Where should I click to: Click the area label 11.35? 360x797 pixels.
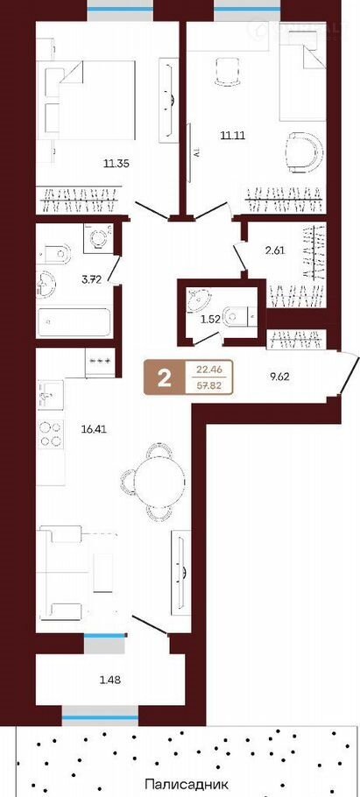[116, 164]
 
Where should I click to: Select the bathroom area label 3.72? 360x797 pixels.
[91, 278]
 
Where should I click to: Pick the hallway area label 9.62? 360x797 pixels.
[279, 378]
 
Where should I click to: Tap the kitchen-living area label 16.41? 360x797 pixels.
[94, 428]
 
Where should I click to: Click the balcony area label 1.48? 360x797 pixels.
[110, 679]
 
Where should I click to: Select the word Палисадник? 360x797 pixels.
[187, 784]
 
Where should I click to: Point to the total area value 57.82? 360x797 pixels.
[210, 385]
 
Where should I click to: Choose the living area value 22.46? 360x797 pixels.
[210, 370]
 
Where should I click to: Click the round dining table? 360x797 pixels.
[159, 479]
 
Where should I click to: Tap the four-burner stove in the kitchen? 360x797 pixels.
[50, 434]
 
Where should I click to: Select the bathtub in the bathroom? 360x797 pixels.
[74, 321]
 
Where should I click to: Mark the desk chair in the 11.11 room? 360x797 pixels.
[227, 73]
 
